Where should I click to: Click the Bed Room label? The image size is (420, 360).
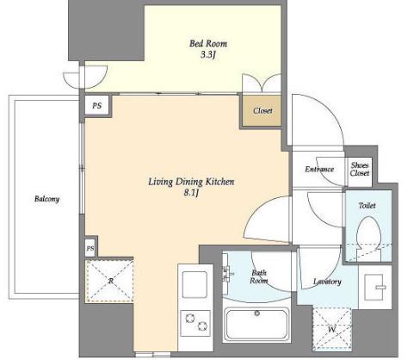pos(208,44)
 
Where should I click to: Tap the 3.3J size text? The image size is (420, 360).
pos(208,54)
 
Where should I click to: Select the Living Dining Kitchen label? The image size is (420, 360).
pos(191,182)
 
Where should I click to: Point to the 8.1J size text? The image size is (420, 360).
pos(191,193)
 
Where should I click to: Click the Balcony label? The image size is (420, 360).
pos(46,199)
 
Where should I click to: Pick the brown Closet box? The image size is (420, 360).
pos(262,110)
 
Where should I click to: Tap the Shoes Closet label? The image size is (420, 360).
pos(360,169)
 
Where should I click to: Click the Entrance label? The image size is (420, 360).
pos(319,169)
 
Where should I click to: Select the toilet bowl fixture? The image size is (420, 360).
pos(368,238)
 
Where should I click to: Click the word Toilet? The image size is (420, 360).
pos(367,205)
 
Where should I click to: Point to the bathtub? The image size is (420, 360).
pos(257,325)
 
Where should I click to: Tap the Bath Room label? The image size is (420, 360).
pos(258,276)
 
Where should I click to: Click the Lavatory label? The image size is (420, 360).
pos(327,282)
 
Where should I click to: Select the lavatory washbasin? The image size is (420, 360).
pos(374,287)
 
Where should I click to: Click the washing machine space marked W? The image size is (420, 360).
pos(332,329)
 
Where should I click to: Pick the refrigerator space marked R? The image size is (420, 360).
pos(109,281)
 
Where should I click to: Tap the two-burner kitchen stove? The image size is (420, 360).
pos(195,323)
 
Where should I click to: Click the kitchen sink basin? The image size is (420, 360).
pos(195,284)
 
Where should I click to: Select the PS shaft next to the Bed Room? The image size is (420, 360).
pos(96,106)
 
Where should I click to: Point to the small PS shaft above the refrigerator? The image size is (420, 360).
pos(90,248)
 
